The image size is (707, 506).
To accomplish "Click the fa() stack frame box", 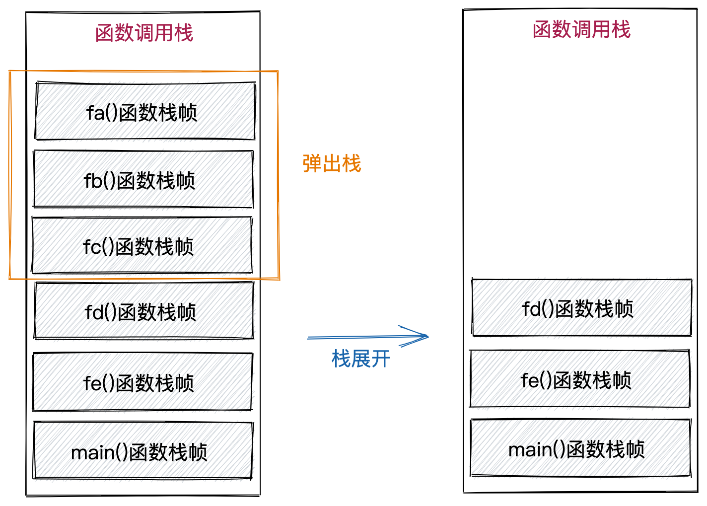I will [144, 111].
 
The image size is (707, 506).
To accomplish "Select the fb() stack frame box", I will [143, 179].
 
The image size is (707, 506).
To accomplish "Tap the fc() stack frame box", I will [142, 245].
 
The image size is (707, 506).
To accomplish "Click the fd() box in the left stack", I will [143, 311].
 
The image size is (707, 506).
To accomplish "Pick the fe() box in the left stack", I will [142, 382].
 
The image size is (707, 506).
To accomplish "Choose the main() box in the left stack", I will [143, 451].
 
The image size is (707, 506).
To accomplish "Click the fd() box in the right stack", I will [581, 308].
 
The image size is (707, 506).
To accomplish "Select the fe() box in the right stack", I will [580, 379].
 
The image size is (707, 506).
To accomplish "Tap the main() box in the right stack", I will [580, 448].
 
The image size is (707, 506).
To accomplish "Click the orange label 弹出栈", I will [332, 164].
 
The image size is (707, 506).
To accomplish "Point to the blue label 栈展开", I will [361, 359].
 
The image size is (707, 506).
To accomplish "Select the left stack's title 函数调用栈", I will [144, 33].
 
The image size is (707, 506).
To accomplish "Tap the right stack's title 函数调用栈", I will [581, 30].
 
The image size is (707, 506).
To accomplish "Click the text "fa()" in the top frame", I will [102, 113].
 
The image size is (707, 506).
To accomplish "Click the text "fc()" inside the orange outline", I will [98, 247].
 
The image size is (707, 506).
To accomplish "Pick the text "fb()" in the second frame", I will [100, 181].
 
